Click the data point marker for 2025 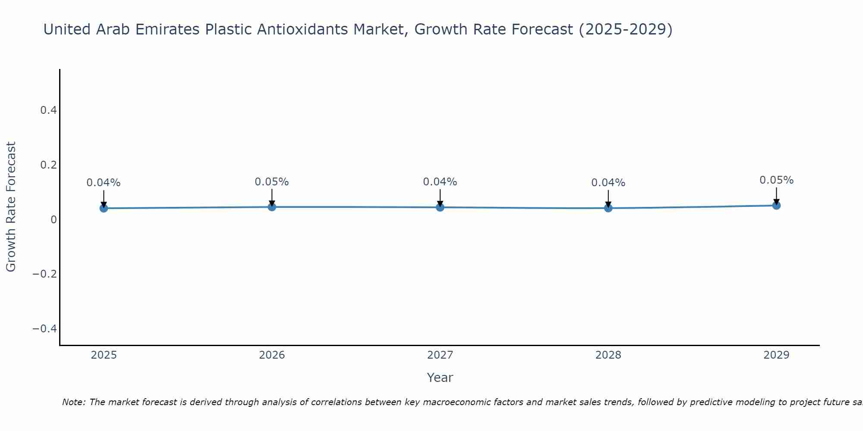pos(104,208)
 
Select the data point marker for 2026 pos(272,207)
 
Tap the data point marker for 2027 pos(440,207)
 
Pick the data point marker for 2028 pos(608,208)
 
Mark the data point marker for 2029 pos(776,205)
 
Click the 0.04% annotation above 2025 pos(104,183)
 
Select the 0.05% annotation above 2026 pos(272,182)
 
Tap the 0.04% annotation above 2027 pos(440,182)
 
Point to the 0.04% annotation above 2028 pos(608,183)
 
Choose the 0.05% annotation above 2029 pos(776,180)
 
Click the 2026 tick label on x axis pos(272,355)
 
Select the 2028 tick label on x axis pos(608,355)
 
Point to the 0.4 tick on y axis pos(49,110)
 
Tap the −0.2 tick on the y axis pos(45,274)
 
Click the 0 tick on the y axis pos(54,220)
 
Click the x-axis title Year pos(440,378)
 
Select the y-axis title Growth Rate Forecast pos(11,207)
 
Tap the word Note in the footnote pos(73,402)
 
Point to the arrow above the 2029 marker pos(776,195)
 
